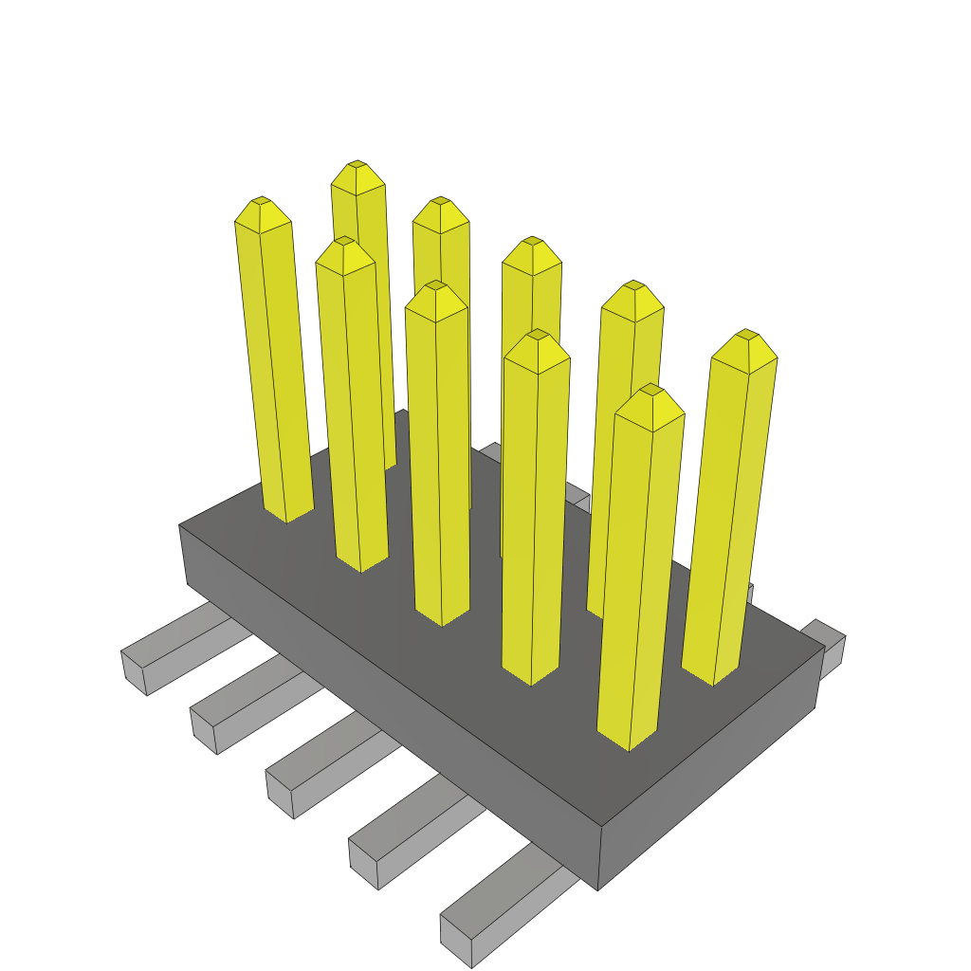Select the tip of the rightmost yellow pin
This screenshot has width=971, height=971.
point(747,336)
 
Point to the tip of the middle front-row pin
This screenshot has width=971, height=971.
point(435,287)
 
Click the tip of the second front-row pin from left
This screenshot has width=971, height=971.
point(344,243)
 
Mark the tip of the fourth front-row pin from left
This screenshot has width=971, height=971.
point(538,336)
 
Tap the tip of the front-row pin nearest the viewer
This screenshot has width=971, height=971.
point(650,391)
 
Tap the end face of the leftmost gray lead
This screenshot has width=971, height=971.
point(134,672)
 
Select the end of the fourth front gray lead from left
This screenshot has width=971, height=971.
point(363,864)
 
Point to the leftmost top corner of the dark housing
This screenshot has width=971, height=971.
point(179,525)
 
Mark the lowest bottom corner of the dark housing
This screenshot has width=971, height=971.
point(597,889)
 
